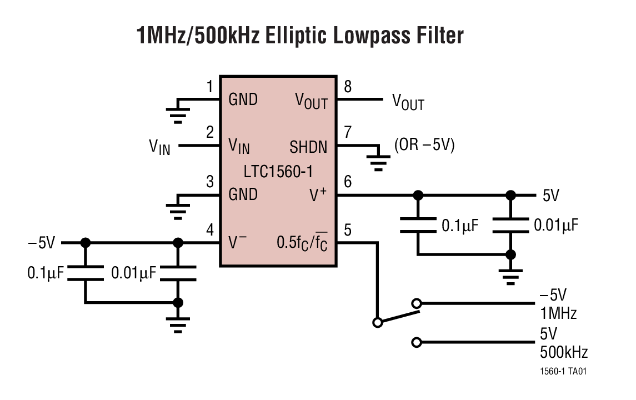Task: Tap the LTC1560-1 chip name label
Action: coord(278,170)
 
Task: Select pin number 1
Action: coord(209,87)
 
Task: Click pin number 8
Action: coord(348,87)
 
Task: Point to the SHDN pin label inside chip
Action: coord(308,147)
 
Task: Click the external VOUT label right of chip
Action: coord(408,102)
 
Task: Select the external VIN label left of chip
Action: coord(159,147)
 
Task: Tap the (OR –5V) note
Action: coord(424,146)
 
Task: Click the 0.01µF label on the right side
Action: coord(556,225)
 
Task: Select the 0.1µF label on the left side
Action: coord(46,273)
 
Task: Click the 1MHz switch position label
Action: coord(558,313)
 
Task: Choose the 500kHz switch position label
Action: coord(563,352)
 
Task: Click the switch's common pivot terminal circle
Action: coord(377,322)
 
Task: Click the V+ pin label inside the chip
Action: coord(318,194)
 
